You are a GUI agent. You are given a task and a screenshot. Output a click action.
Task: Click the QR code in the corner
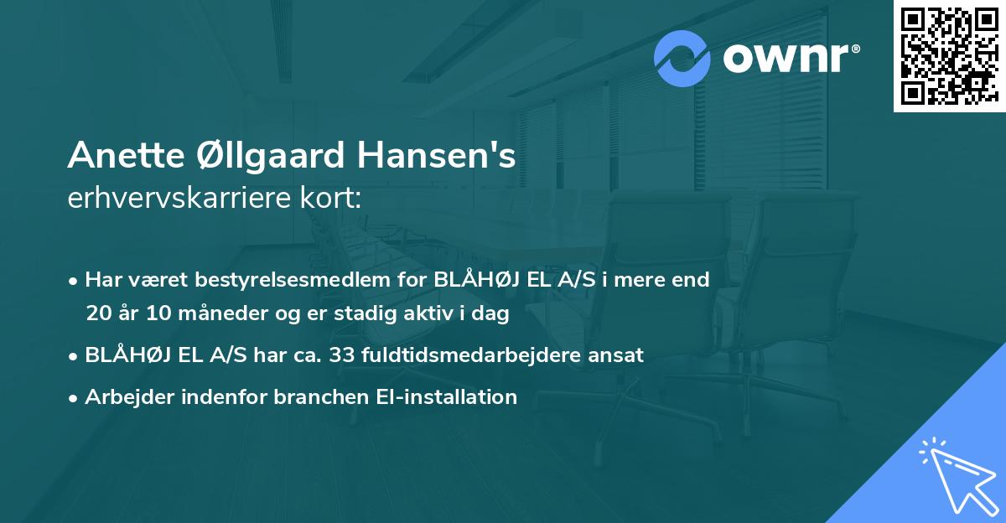click(948, 55)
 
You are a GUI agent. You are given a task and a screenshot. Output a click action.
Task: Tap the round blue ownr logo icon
click(682, 59)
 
